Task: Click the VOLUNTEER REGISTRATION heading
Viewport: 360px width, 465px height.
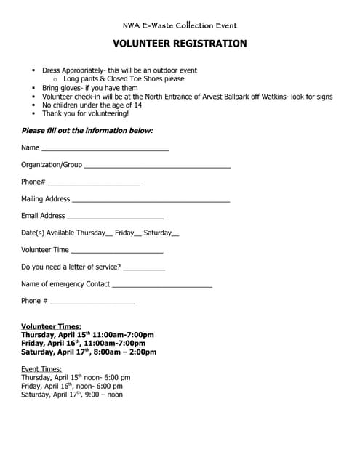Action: click(180, 44)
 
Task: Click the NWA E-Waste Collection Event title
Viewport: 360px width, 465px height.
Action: click(180, 25)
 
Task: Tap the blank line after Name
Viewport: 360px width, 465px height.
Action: click(105, 150)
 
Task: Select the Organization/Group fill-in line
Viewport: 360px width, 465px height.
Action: click(157, 167)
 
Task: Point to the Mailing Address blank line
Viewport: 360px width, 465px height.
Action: click(151, 201)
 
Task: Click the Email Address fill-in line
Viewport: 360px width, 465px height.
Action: click(115, 217)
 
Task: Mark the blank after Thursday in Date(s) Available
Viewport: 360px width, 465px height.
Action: click(110, 235)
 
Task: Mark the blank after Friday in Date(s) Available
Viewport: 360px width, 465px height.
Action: click(138, 235)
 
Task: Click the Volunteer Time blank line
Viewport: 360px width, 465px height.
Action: click(117, 251)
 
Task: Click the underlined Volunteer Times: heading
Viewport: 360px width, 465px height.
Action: click(51, 326)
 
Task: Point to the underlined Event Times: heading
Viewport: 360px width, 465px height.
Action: click(41, 369)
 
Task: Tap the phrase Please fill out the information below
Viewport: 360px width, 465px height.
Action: click(87, 131)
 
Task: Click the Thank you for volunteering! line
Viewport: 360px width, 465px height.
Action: click(85, 114)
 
